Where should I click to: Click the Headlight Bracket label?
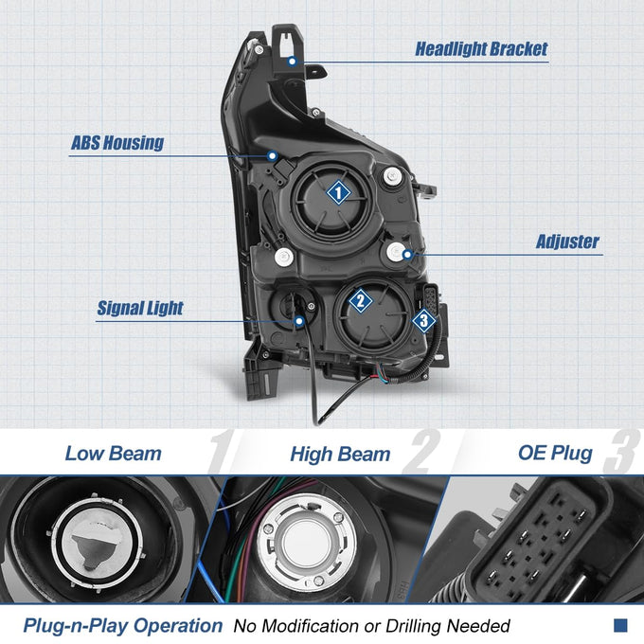(481, 49)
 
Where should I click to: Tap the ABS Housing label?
(117, 142)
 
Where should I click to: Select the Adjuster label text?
(567, 241)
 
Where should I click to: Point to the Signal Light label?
(140, 308)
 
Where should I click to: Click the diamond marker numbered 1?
(338, 192)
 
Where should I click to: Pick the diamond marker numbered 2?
(360, 300)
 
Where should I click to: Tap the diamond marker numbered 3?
(424, 320)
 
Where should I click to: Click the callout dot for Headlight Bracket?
(292, 62)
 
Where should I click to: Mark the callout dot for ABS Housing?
(272, 156)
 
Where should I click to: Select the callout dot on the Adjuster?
(407, 255)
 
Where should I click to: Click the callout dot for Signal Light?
(299, 321)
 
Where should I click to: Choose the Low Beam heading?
(114, 454)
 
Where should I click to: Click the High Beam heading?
(340, 455)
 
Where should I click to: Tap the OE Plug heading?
(555, 453)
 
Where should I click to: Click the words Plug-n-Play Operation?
(123, 626)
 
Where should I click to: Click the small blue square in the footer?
(620, 625)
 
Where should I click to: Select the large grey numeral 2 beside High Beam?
(421, 452)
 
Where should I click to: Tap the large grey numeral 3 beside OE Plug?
(621, 452)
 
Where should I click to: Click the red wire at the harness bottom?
(376, 375)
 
